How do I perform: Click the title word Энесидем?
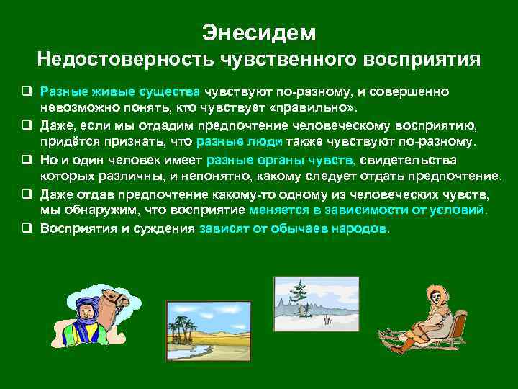tap(258, 32)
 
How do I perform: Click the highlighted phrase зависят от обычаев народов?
tap(294, 228)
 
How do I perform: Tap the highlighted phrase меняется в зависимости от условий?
tap(368, 210)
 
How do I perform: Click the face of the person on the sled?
tap(435, 296)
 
